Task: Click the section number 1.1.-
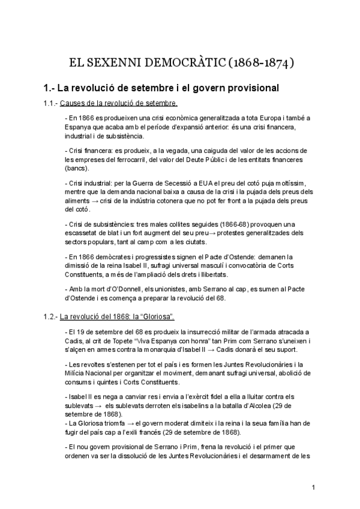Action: (50, 103)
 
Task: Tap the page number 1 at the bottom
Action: (313, 487)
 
